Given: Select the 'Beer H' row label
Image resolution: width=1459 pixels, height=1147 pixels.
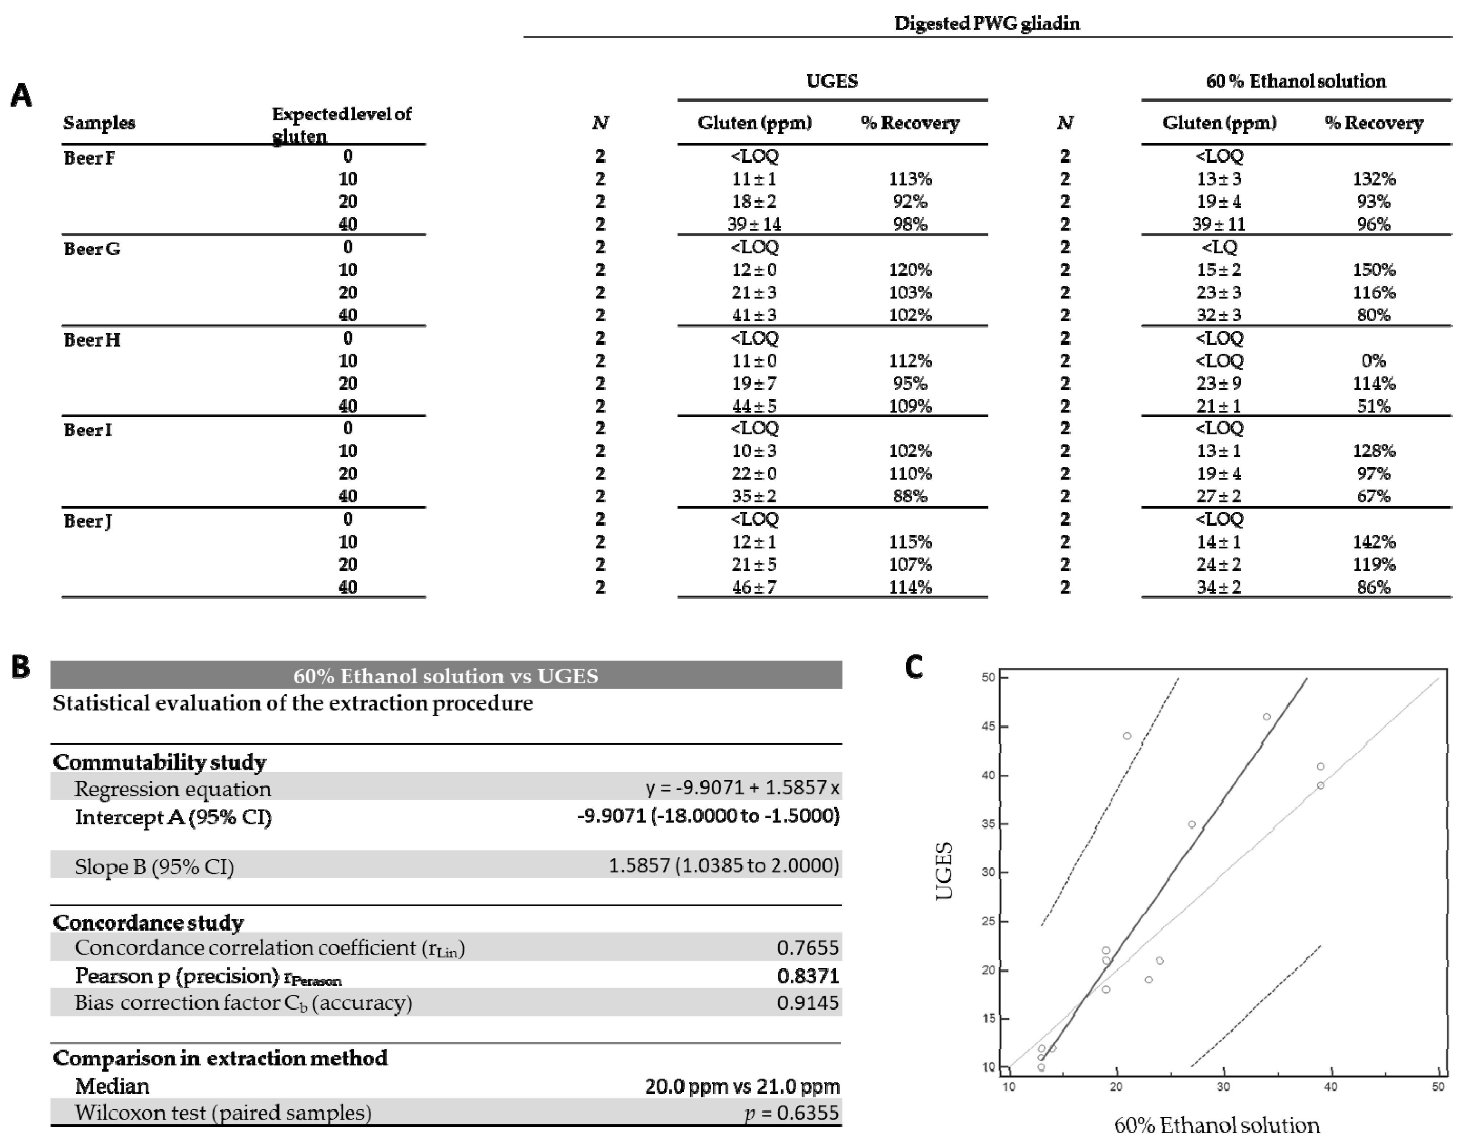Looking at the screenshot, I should click(x=92, y=340).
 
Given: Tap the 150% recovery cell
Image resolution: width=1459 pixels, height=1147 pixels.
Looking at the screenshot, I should click(x=1374, y=270).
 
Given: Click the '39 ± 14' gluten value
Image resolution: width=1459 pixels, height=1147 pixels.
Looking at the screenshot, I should click(x=754, y=224).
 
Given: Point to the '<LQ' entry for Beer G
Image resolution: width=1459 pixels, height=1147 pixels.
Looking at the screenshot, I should click(x=1219, y=247).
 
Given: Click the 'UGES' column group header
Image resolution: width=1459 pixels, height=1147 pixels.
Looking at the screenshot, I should click(x=832, y=81).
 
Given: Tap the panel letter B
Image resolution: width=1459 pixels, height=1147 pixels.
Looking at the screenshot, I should click(x=21, y=667).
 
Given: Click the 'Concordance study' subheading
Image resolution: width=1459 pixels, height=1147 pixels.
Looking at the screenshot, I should click(x=148, y=923).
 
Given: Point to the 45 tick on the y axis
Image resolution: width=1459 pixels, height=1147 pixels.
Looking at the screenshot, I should click(x=988, y=726).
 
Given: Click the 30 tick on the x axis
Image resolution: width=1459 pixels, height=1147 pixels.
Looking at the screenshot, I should click(x=1223, y=1088).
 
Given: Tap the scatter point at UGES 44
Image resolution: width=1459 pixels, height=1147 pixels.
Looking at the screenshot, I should click(x=1127, y=736).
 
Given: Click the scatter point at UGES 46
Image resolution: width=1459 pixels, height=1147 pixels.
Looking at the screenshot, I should click(x=1267, y=717).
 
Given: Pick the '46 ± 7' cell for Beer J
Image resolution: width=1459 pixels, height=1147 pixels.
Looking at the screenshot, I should click(x=754, y=588).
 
